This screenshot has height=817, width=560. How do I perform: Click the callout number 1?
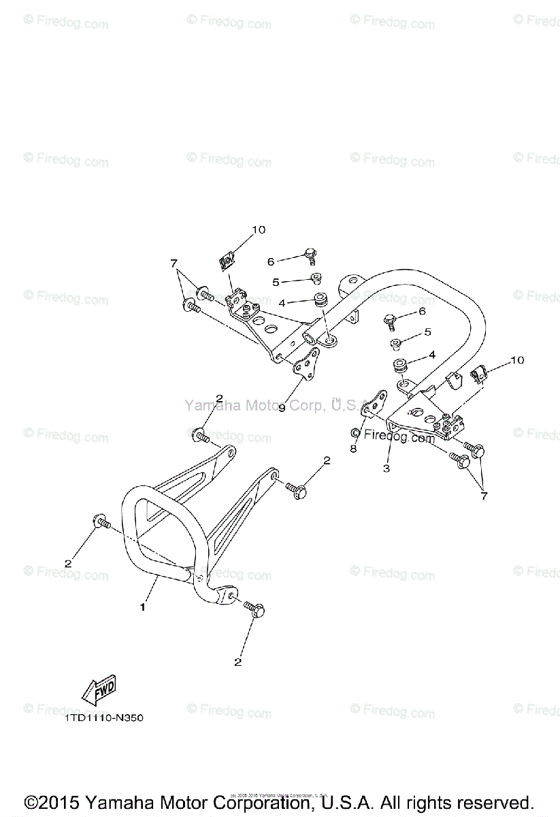[143, 607]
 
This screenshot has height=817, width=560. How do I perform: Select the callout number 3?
[385, 469]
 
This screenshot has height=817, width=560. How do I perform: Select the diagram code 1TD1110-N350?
[105, 718]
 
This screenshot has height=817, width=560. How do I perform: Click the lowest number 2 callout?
[238, 661]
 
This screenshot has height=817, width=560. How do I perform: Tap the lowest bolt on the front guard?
[254, 608]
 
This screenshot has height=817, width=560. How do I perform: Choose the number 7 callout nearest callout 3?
[484, 496]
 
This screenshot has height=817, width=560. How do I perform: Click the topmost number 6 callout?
[270, 261]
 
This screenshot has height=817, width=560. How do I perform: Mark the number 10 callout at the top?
[259, 230]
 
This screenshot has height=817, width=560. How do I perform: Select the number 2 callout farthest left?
[67, 563]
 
